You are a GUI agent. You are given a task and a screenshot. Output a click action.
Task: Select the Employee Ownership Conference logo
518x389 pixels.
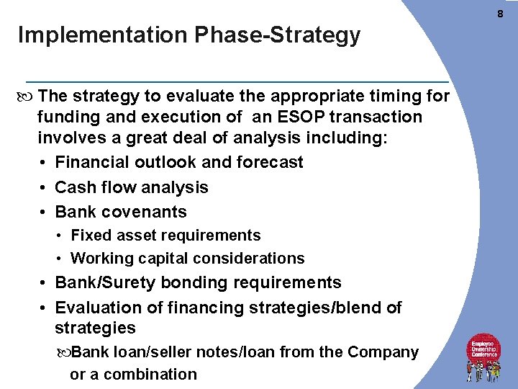pos(484,357)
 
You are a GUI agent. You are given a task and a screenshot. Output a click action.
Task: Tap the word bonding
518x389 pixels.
pos(191,282)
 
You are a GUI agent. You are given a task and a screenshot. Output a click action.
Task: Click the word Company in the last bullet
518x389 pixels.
pos(383,352)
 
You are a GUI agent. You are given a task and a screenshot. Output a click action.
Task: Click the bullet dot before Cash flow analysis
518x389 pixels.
pos(44,188)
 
